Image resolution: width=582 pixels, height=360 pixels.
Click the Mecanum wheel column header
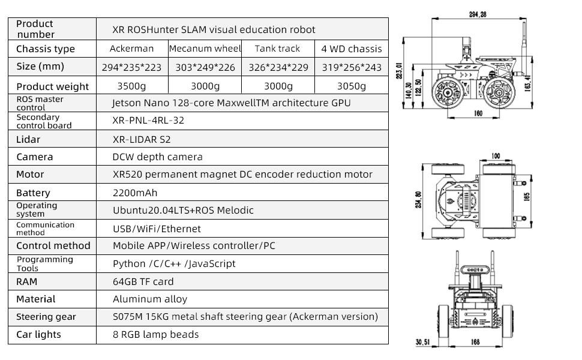pos(205,49)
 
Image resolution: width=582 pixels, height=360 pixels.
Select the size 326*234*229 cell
pos(277,67)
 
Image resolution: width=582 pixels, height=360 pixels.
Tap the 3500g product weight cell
pos(131,86)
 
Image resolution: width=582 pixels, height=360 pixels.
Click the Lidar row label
pos(28,139)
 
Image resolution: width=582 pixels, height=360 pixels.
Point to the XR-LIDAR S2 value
pos(142,139)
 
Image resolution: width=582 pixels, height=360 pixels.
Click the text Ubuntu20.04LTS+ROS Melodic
pos(183,211)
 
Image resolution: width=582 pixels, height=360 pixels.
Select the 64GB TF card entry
pos(143,281)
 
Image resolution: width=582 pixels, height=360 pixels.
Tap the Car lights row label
pos(38,334)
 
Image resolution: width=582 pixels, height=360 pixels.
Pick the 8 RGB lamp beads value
pos(155,334)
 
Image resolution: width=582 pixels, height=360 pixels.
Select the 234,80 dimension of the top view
pos(418,199)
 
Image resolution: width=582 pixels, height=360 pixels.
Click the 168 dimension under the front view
pos(475,343)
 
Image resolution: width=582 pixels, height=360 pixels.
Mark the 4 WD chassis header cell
pos(352,49)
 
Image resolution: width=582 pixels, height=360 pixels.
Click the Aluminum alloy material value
pos(150,299)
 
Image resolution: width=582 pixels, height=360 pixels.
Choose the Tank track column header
pos(277,49)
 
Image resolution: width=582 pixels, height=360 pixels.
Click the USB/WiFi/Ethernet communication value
pos(157,229)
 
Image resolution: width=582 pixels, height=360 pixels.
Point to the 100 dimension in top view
pos(495,156)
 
